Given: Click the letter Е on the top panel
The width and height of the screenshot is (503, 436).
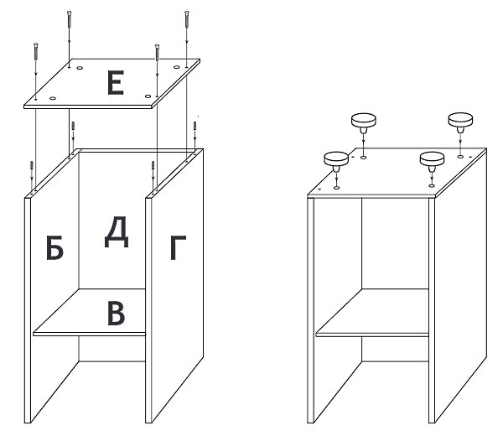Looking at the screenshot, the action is point(116,83).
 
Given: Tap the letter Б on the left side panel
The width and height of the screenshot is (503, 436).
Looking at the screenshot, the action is point(54,247).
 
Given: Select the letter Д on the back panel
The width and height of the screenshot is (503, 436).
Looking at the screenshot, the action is point(117,232).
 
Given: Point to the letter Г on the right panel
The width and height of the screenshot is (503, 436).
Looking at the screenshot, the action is point(178,247).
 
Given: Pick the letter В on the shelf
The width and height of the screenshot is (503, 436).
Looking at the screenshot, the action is point(116,313).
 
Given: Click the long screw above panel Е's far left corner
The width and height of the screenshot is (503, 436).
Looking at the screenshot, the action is point(69,18).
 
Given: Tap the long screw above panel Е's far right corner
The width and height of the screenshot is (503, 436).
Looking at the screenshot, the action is point(187,18).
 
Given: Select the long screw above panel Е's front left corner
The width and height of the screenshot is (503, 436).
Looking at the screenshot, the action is point(35,50).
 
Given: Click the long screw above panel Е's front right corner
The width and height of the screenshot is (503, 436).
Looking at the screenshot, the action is point(157,52).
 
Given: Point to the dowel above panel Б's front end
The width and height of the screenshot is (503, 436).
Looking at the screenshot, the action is point(32,165).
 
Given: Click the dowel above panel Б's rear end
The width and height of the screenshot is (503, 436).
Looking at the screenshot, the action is point(73,126).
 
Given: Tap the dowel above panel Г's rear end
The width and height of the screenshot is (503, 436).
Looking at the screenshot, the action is point(194,126).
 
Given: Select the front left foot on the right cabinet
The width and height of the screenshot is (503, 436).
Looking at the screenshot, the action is point(336,161).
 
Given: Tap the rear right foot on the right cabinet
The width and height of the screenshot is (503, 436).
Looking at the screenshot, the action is point(460,122).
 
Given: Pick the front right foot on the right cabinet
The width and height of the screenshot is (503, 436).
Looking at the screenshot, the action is point(432,161).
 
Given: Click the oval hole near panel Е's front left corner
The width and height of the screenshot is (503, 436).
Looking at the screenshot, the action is point(53,98).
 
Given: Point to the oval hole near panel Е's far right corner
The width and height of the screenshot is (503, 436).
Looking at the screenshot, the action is point(177,67).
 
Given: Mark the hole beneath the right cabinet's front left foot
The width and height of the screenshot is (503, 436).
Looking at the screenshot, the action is point(336,188).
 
